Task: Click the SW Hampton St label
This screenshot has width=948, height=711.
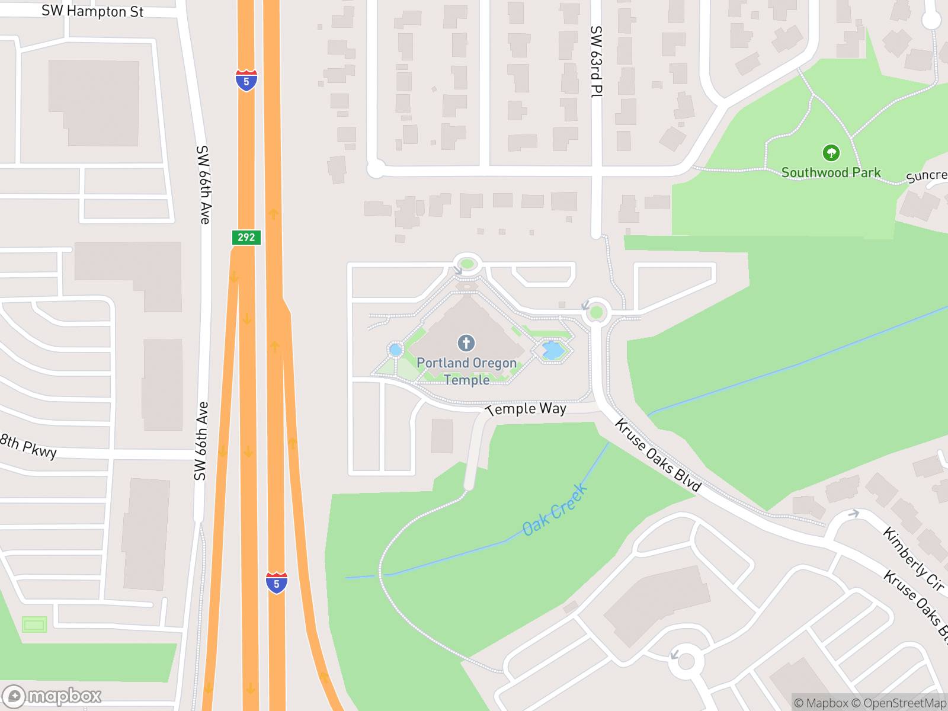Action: point(92,11)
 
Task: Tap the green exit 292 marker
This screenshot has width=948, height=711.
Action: point(246,238)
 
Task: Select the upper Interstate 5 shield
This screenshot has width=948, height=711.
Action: point(246,80)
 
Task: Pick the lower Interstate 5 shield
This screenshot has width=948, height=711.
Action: point(276,582)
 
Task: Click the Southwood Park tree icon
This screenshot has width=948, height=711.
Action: point(831,153)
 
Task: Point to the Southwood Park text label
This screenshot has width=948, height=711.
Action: point(831,172)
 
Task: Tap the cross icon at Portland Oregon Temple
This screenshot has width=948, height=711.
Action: point(466,342)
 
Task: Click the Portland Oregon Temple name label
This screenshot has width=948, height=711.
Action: point(467,371)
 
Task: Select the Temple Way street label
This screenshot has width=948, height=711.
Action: point(526,409)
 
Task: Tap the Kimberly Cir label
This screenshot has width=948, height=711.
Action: point(913,559)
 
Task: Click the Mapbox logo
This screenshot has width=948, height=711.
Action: point(52,696)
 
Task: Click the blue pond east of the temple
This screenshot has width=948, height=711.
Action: point(553,350)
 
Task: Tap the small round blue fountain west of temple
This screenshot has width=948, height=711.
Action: point(395,350)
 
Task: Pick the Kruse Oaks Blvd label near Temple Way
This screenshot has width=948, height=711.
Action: point(658,455)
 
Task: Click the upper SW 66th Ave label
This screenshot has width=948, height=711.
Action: point(203,185)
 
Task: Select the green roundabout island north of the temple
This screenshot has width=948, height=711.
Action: point(467,264)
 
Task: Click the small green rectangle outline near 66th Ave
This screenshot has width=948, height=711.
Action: point(34,624)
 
